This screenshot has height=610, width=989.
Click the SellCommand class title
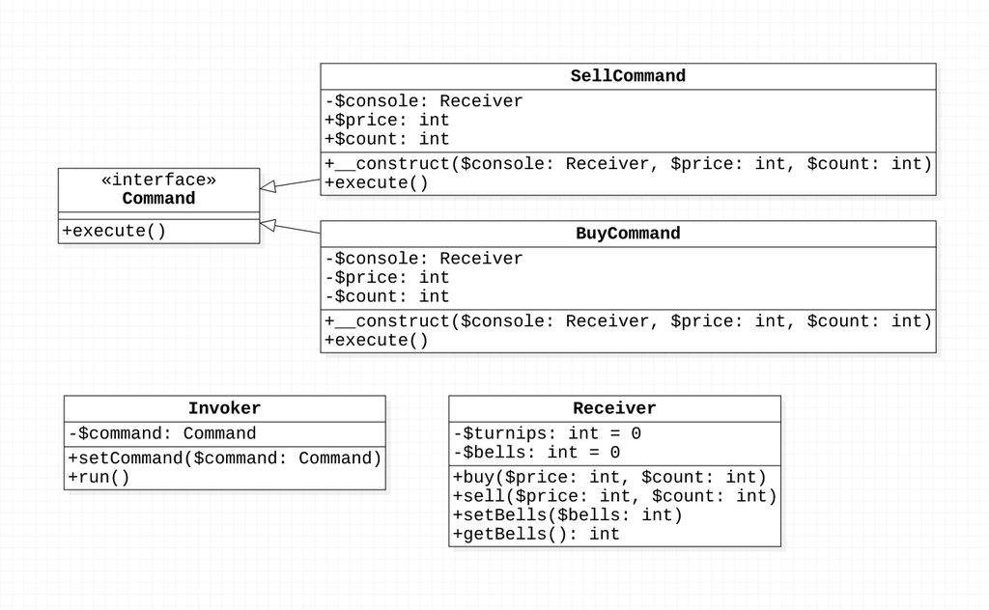click(628, 76)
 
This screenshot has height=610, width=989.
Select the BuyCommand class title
click(628, 234)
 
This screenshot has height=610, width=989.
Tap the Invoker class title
click(224, 408)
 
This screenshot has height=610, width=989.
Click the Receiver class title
click(614, 408)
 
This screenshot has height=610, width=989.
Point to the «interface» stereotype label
click(158, 180)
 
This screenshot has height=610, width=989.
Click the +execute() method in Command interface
click(114, 232)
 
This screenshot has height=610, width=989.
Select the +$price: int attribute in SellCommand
click(387, 121)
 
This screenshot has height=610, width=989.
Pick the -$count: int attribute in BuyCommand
click(387, 296)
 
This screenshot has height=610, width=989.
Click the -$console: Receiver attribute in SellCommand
click(424, 101)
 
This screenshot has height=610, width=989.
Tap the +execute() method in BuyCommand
click(377, 340)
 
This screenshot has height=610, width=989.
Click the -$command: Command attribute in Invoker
click(162, 433)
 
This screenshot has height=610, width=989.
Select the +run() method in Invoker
click(99, 477)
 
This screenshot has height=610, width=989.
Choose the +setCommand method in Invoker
click(225, 458)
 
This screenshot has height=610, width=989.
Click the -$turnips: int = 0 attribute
click(547, 433)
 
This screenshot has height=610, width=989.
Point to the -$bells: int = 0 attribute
click(536, 452)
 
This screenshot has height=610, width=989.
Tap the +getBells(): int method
click(536, 534)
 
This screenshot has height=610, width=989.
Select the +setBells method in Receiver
click(568, 514)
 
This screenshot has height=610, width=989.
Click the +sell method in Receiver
click(614, 496)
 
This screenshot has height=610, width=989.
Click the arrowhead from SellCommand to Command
click(268, 187)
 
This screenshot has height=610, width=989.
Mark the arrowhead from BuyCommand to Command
click(268, 225)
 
